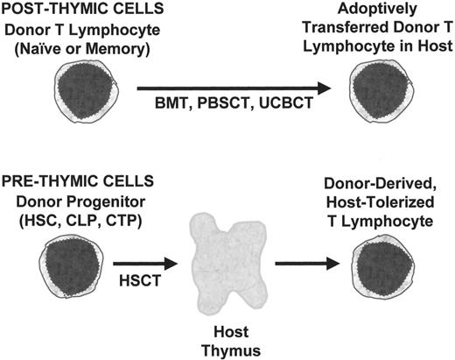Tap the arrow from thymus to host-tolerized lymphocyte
click(x=307, y=261)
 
